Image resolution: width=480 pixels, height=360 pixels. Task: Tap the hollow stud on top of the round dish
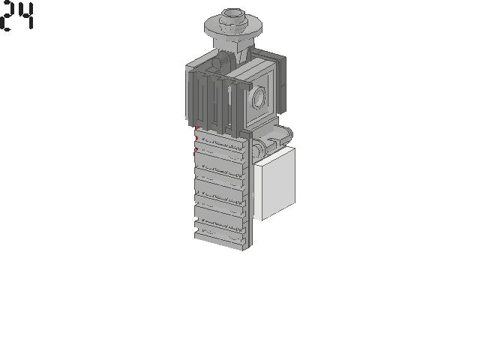coord(233,16)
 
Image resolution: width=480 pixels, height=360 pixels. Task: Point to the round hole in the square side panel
coord(259,97)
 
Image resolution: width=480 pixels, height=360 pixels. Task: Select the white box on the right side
coord(274,184)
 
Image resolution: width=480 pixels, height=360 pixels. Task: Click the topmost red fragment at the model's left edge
coord(196,127)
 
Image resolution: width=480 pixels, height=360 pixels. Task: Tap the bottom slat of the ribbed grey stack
coord(220,239)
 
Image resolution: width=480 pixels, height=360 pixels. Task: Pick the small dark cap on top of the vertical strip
coord(247,133)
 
